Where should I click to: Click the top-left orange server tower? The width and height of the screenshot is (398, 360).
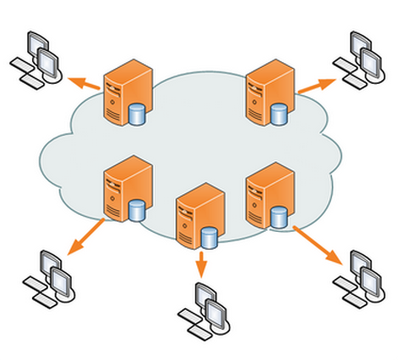click(x=124, y=90)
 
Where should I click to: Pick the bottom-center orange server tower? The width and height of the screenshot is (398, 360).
click(x=195, y=215)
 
